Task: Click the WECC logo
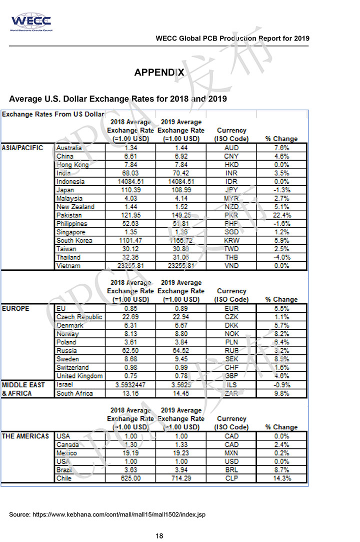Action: (x=30, y=22)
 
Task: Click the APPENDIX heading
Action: (x=159, y=73)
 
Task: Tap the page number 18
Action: (x=159, y=536)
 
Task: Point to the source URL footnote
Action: (x=107, y=514)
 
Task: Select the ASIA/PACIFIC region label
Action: (x=23, y=148)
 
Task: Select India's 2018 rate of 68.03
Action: (x=130, y=173)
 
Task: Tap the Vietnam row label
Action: (x=69, y=266)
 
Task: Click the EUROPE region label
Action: (x=16, y=309)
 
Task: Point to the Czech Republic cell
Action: (x=79, y=317)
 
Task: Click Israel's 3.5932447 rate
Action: (x=130, y=385)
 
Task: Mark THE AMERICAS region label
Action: (x=25, y=436)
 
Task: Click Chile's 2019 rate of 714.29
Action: (x=180, y=478)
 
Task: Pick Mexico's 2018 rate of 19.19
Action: (x=130, y=453)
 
